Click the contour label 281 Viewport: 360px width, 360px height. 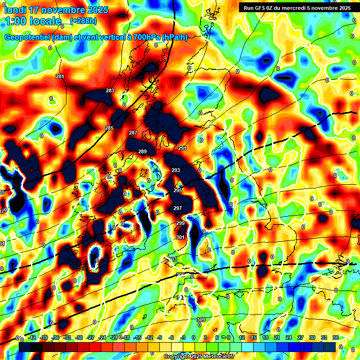coord(60,76)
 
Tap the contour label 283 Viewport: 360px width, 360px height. coord(110,90)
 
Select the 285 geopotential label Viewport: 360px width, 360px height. coord(109,128)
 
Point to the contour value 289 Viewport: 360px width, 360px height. coord(142,151)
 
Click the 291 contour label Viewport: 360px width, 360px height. coord(182,148)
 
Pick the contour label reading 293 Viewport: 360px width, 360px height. coord(176,170)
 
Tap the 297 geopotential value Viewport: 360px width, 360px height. coord(178,208)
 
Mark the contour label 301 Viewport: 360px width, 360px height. coord(180,237)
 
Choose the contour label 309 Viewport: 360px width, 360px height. coord(201,320)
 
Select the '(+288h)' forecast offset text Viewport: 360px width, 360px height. coord(83,21)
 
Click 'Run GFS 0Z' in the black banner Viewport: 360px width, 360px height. coord(262,7)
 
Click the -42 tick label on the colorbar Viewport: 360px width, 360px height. coord(32,337)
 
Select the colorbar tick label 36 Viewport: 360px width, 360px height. coord(335,337)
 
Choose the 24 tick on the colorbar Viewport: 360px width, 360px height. coord(288,337)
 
